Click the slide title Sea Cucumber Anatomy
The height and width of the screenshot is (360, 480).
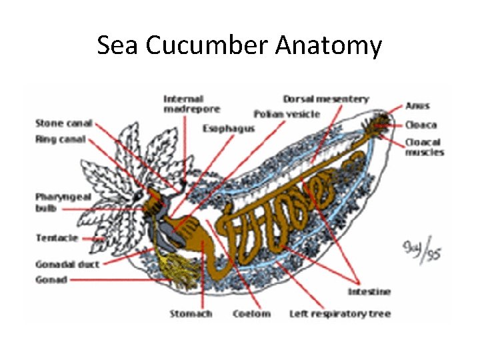[239, 46]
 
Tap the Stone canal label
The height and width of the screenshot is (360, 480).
[63, 123]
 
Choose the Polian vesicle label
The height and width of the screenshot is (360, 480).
[287, 114]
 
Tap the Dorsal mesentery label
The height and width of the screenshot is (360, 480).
[325, 99]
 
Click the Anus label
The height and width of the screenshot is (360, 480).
[418, 105]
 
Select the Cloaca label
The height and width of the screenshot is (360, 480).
[421, 125]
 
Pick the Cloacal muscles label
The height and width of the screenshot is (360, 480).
[425, 147]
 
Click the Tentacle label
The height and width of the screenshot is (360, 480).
[57, 238]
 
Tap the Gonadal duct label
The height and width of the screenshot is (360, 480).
[67, 265]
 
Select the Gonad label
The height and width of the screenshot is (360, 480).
[51, 280]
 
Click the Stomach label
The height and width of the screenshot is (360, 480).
[191, 313]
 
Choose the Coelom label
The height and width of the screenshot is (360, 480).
[251, 313]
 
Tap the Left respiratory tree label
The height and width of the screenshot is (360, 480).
[340, 313]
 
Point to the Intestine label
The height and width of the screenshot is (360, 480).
[369, 291]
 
